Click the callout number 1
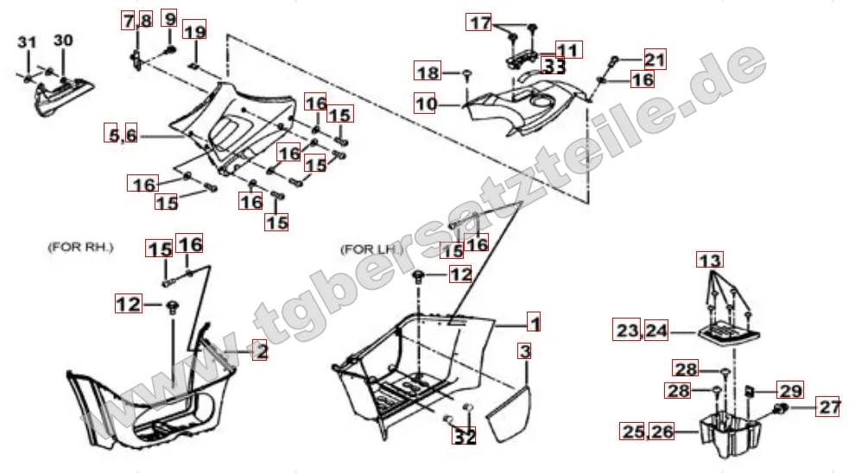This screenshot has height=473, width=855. pos(535,323)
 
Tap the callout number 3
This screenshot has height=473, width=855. pos(524,351)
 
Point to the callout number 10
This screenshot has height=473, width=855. pos(425,103)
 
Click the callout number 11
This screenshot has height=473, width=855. pos(569,50)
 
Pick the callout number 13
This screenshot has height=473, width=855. pos(710,260)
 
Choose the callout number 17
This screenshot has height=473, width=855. pos(479,22)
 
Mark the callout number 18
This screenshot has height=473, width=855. pos(428,72)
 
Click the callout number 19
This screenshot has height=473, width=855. pos(194,30)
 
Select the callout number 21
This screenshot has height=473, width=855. pos(655,59)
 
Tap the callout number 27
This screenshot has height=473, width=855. pos(827,407)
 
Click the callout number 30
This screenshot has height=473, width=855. pos(63,41)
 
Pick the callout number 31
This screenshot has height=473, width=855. pos(27,42)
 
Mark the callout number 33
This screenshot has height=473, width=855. pos(553,66)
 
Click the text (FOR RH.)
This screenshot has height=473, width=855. pos(80,247)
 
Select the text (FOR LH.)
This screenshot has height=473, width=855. pos(372,249)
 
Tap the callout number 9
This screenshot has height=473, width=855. pos(170,18)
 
